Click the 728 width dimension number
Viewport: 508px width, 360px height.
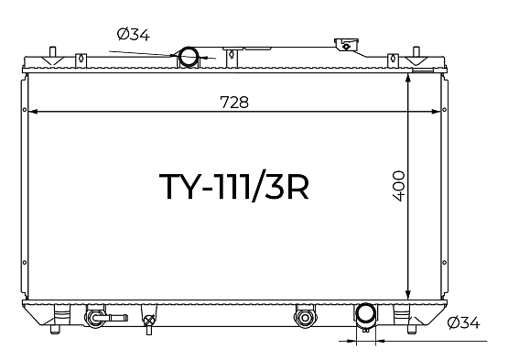234,102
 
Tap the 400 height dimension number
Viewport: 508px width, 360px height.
398,186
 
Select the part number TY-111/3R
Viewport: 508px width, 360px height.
233,186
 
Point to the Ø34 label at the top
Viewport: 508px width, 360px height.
133,35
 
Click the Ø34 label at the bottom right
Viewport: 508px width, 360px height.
463,322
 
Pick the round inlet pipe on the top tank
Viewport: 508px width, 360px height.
189,57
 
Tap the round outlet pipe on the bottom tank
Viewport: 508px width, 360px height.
366,313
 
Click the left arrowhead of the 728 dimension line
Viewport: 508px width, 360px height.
33,112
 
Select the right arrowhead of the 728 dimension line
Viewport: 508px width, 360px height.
436,112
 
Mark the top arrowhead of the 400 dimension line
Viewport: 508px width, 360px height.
408,78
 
